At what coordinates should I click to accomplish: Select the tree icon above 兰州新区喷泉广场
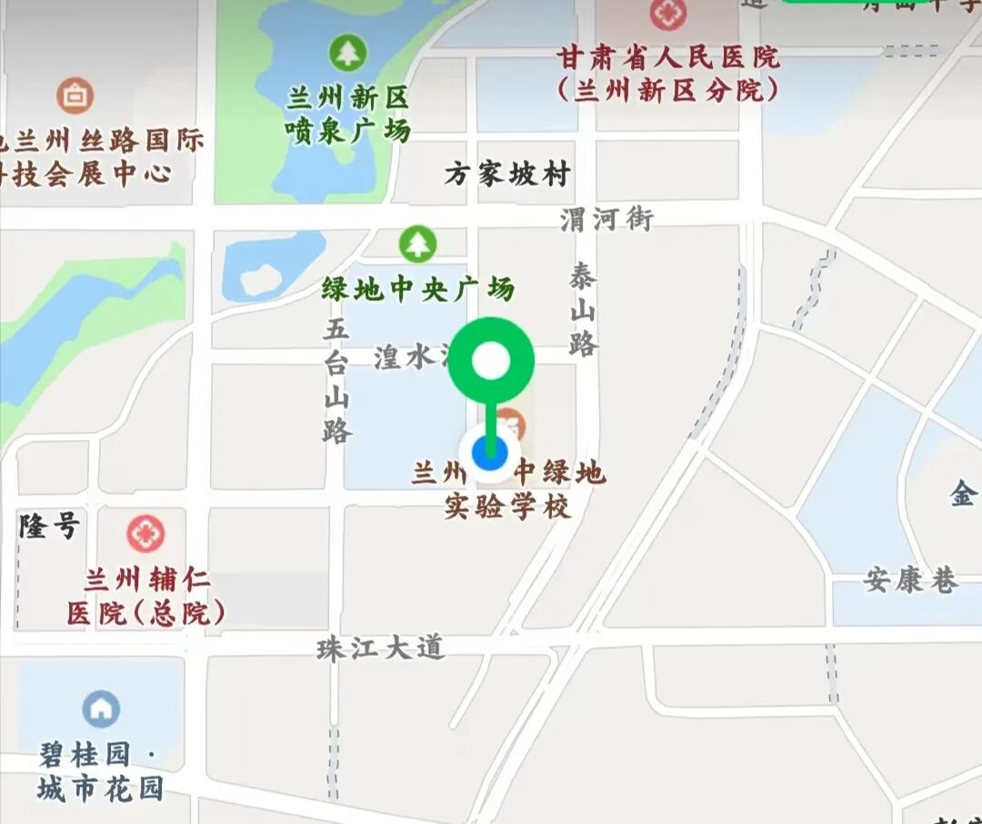346,53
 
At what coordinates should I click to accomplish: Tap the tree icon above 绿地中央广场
417,243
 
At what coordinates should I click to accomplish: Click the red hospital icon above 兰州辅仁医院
145,533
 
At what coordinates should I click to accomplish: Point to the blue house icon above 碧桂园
101,708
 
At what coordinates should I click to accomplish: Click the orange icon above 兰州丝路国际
75,95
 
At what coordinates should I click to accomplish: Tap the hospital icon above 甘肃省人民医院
668,14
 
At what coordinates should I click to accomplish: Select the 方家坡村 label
507,174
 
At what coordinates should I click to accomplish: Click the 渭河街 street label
606,219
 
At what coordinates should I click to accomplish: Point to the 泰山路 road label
583,309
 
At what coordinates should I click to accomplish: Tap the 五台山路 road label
336,380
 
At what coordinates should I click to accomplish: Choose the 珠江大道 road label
380,648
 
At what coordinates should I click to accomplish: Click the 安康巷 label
911,580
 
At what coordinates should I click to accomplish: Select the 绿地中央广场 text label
418,289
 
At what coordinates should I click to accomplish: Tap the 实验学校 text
507,507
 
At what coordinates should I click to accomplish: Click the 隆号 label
50,525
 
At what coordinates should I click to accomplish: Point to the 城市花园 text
100,788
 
